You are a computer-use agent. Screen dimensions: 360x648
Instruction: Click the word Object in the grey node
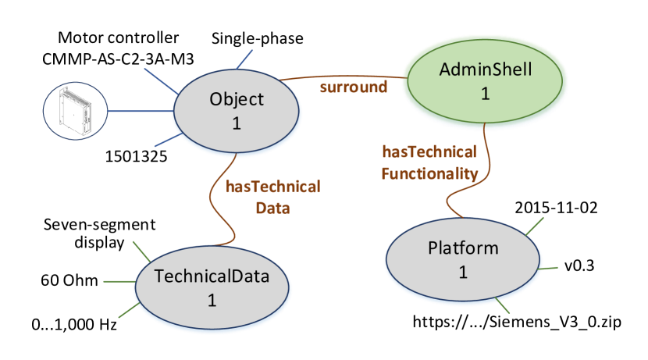(x=237, y=99)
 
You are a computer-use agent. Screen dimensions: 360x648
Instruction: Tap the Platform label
(x=462, y=248)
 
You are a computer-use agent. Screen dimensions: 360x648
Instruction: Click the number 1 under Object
(x=237, y=123)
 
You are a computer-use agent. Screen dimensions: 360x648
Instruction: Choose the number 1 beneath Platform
(x=462, y=273)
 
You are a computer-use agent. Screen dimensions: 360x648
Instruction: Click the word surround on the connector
(x=353, y=87)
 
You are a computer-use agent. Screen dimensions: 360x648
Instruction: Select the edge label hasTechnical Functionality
(x=429, y=162)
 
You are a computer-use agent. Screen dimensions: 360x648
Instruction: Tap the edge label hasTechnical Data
(x=272, y=197)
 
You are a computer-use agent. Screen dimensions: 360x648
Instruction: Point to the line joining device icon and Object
(x=139, y=111)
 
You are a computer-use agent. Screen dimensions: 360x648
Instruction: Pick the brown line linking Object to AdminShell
(x=344, y=77)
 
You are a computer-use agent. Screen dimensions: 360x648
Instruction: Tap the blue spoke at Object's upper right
(x=244, y=59)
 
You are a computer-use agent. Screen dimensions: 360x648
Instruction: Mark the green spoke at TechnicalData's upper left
(x=141, y=251)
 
